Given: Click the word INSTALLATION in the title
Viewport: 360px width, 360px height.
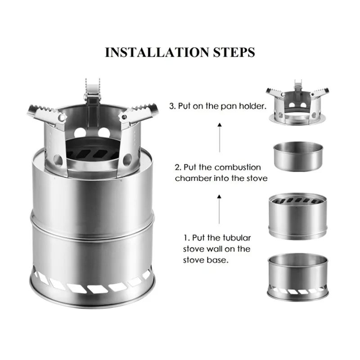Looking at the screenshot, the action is click(157, 52).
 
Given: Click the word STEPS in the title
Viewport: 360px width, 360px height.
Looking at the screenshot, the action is click(234, 52).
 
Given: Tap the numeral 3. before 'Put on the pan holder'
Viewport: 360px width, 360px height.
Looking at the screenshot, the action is click(173, 106).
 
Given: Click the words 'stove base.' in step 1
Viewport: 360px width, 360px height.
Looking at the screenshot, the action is click(206, 261).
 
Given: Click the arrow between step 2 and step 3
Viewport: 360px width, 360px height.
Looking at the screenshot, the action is click(220, 138).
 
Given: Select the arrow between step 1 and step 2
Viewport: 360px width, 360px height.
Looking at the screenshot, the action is click(219, 209).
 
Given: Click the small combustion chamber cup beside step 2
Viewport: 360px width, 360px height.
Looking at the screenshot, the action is click(298, 156).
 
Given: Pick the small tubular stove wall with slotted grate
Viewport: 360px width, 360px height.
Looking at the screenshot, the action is click(298, 216).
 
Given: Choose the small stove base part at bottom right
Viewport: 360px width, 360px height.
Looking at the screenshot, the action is click(298, 277).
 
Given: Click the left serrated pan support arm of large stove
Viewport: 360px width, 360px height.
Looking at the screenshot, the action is click(47, 114).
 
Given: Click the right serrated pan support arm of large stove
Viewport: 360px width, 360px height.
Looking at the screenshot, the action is click(139, 113).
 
